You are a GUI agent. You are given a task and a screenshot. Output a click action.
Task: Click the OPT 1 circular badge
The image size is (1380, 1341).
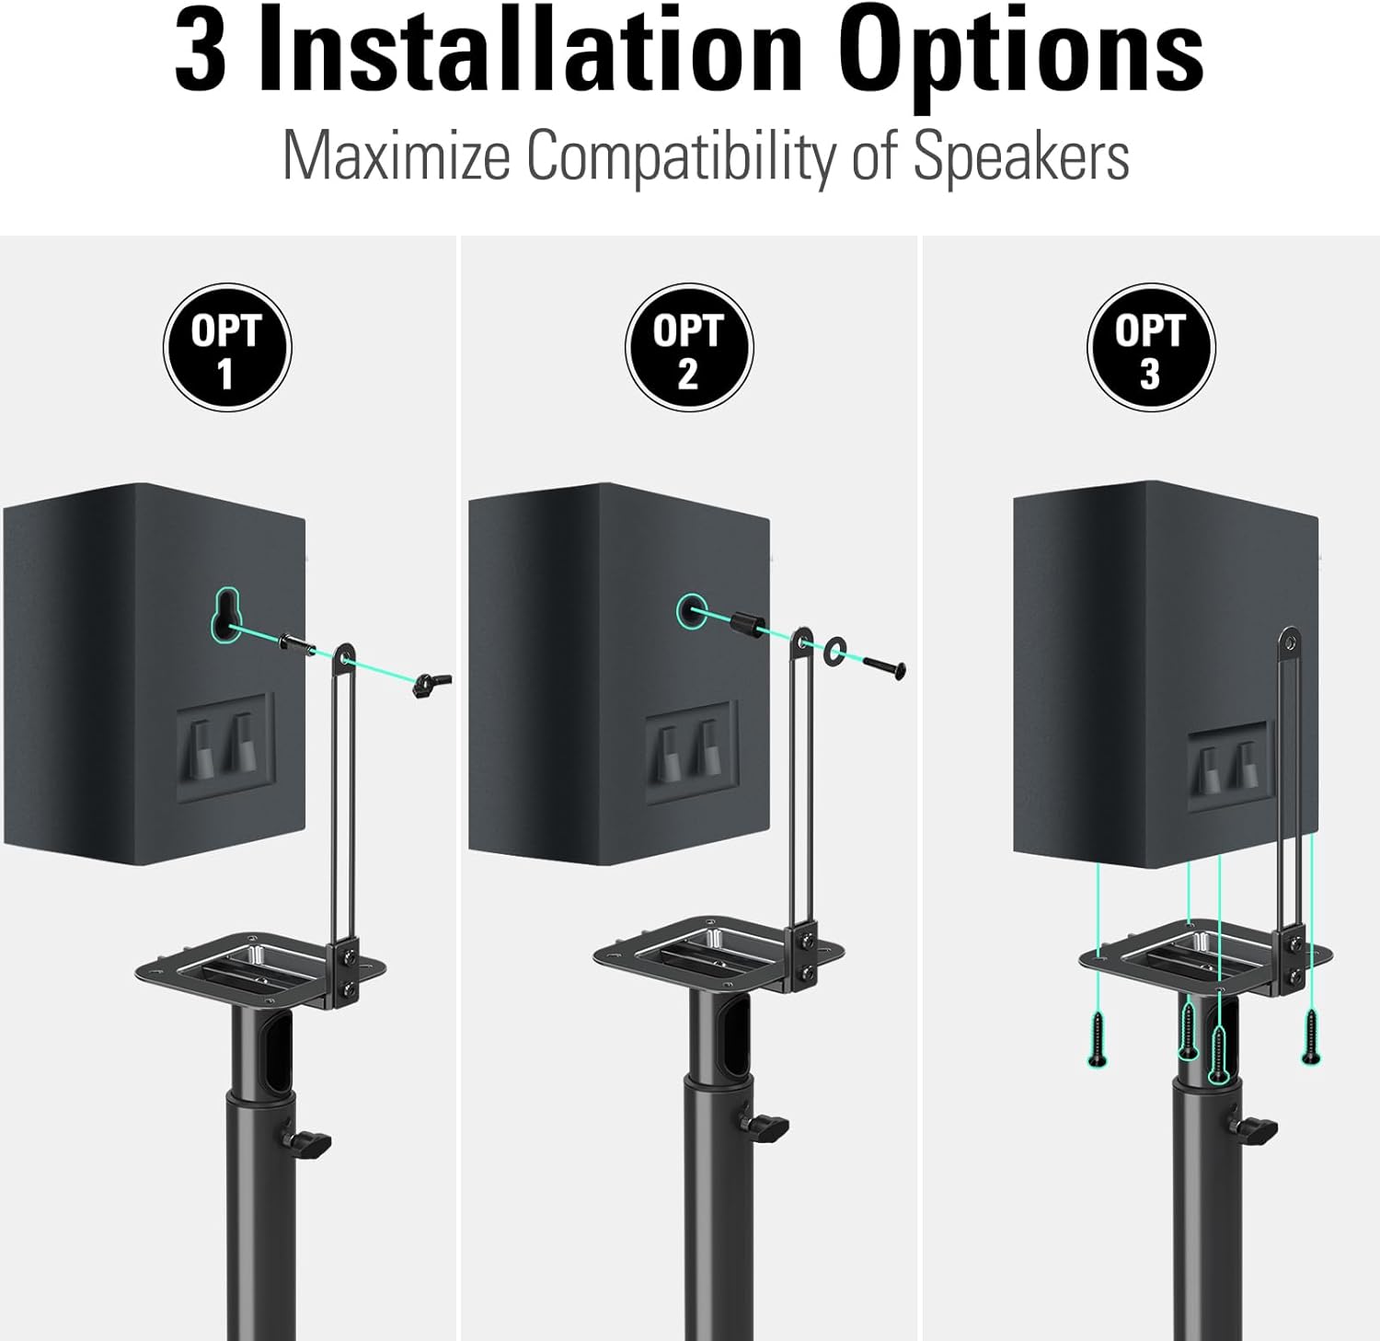[x=227, y=348]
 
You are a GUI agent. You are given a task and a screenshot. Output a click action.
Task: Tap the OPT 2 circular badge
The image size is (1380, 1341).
[x=689, y=348]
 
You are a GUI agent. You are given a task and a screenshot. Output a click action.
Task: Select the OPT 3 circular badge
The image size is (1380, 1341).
[x=1151, y=348]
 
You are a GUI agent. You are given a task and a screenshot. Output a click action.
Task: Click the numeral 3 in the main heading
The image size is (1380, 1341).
[x=201, y=53]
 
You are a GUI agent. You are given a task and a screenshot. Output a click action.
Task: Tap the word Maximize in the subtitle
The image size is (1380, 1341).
[x=396, y=156]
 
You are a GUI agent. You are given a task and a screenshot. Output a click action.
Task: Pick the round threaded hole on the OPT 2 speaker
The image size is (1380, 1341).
[x=692, y=609]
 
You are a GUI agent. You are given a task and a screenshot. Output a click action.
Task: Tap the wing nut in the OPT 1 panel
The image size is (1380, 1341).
[x=430, y=684]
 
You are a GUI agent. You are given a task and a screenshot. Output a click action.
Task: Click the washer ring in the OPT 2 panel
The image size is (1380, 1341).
[x=836, y=652]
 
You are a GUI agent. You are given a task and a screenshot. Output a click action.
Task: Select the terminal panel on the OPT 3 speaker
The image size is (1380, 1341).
[x=1228, y=764]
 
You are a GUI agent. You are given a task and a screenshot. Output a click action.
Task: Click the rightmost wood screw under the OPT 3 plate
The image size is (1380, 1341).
[x=1311, y=1035]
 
